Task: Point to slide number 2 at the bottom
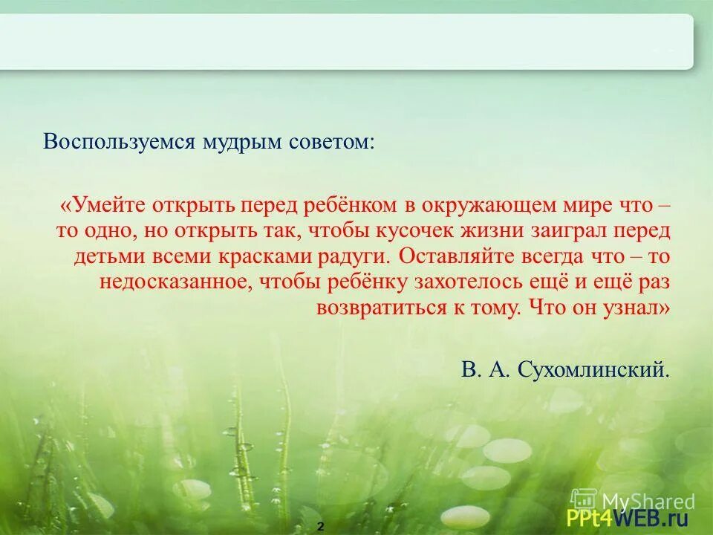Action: pos(321,526)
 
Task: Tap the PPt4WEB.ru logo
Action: pos(628,517)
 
